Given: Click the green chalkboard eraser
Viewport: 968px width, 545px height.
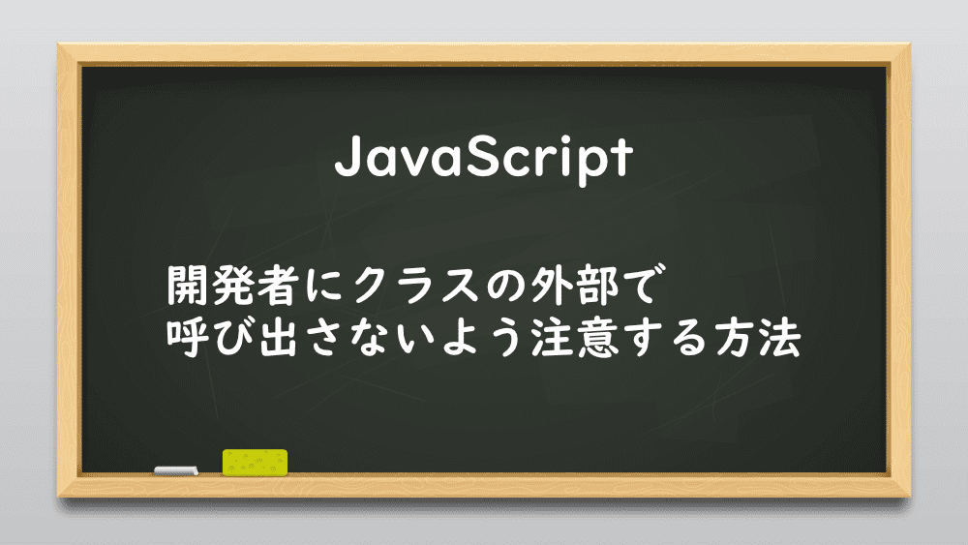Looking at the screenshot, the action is coord(255,463).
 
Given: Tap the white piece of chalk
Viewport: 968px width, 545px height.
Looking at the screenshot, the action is coord(176,470).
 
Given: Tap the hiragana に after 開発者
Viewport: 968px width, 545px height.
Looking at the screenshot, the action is coord(324,287).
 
